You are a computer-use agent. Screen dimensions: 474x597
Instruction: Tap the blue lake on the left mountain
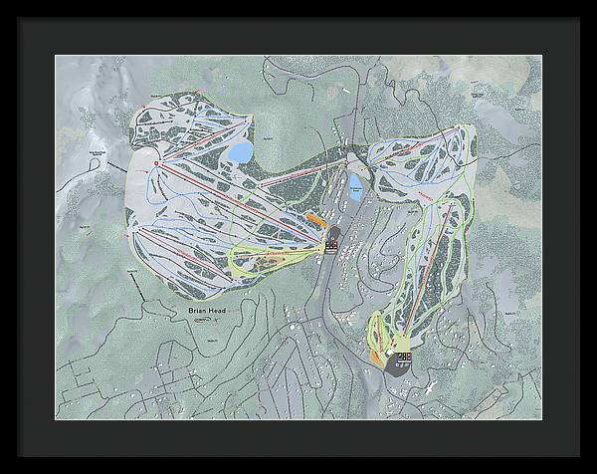[x=240, y=151]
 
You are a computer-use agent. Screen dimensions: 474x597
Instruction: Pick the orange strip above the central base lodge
[x=313, y=218]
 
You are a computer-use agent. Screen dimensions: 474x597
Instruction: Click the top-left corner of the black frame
[x=3, y=3]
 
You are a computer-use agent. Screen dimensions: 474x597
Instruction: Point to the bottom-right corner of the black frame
[x=593, y=470]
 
